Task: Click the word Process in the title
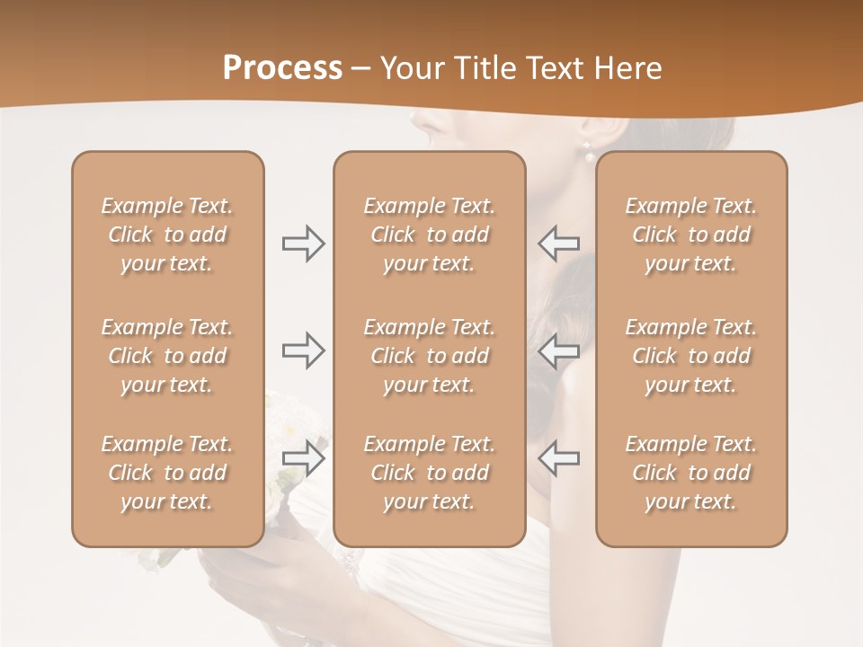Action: click(282, 68)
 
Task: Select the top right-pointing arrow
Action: click(303, 244)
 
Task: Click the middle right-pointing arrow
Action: click(303, 350)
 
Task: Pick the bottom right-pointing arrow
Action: click(303, 457)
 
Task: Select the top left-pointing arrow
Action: click(559, 244)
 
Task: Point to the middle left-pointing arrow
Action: click(559, 350)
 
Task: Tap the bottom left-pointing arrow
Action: click(559, 457)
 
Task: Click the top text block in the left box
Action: click(167, 235)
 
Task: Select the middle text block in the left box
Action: click(167, 356)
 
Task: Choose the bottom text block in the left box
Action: click(167, 473)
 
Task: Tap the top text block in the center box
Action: click(429, 235)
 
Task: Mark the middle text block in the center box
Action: click(429, 356)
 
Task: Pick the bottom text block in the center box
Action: click(429, 473)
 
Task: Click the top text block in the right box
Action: click(690, 235)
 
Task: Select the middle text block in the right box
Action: click(690, 356)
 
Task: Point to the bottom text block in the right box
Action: click(690, 473)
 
